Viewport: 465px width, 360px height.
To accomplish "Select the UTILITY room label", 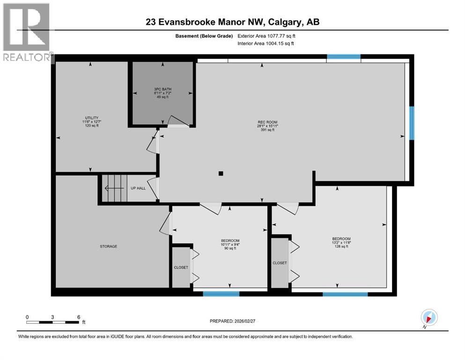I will click(91, 122).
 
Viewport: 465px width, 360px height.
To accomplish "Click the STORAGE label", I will click(108, 246).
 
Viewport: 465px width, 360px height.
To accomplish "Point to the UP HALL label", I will click(138, 188).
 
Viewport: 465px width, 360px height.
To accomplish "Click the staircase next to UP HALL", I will click(115, 188).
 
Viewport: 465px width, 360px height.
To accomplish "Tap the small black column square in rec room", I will click(221, 173).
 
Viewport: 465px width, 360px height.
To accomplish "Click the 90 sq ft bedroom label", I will click(230, 244).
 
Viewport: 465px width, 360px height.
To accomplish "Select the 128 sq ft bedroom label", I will click(341, 242).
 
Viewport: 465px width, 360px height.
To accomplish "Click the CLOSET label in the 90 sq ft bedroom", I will click(181, 267).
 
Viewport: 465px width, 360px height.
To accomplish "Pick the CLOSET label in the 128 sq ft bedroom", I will click(280, 263).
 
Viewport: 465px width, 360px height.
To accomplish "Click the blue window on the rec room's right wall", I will click(412, 123).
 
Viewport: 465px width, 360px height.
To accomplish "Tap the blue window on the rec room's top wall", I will click(343, 57).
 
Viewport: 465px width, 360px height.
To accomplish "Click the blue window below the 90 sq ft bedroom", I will click(221, 294).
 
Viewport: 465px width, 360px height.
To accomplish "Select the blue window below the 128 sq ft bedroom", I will click(345, 294).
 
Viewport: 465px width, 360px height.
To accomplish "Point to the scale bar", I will click(52, 322).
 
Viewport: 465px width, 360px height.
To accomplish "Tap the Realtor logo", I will click(26, 33).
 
